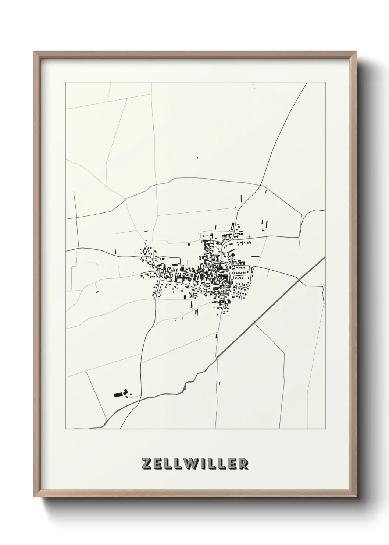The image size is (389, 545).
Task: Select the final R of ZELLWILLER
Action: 243,464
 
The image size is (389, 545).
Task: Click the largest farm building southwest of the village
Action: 118,395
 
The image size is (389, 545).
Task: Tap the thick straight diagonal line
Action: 272,306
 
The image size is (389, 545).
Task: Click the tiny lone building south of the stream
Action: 219,384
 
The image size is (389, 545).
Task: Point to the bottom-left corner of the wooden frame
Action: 35,498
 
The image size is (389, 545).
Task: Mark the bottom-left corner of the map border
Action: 66,429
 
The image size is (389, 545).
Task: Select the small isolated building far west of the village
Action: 97,292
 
